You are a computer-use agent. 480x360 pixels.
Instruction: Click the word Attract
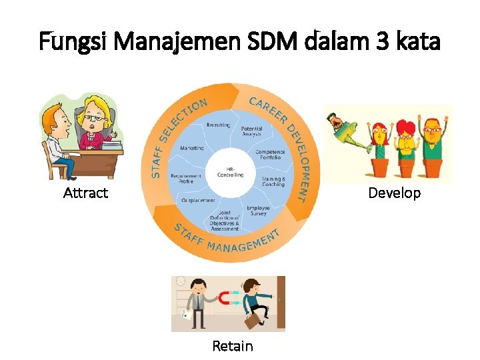click(85, 193)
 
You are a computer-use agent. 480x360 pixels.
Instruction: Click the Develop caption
click(395, 193)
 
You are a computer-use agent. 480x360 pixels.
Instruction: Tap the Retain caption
click(233, 346)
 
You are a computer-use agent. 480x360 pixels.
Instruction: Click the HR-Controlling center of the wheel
click(231, 173)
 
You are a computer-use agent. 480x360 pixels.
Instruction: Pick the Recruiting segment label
click(218, 125)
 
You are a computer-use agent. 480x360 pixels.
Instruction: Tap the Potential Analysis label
click(252, 131)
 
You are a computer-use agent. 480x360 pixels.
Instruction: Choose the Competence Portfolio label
click(270, 155)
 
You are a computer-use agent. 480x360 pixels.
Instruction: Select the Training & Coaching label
click(273, 181)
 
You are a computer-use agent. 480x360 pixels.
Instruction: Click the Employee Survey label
click(258, 211)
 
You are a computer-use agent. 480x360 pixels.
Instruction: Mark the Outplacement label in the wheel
click(198, 201)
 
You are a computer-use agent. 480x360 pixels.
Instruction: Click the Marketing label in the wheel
click(192, 148)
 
